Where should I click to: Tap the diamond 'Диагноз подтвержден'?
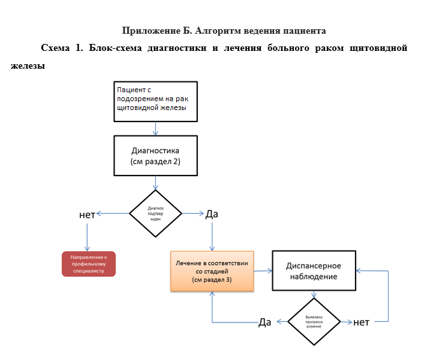point(156,212)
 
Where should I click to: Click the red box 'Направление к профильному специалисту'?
point(89,263)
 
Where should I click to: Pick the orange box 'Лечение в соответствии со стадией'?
point(212,270)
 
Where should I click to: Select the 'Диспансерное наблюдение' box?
point(314,271)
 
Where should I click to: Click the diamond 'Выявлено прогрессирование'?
point(314,320)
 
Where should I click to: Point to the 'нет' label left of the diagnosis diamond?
point(87,214)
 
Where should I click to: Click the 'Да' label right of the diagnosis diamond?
point(212,214)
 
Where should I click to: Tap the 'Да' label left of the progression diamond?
point(265,322)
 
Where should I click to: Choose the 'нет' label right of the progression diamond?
point(362,322)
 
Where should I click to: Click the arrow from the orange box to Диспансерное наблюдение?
point(263,271)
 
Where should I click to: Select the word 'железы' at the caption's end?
point(27,66)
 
